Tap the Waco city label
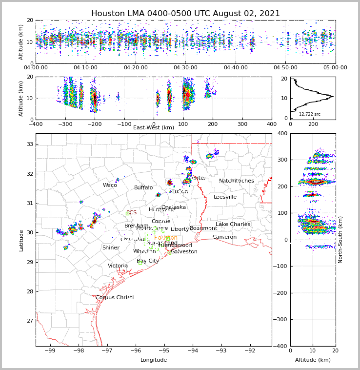click(x=110, y=185)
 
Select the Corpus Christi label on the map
click(x=114, y=298)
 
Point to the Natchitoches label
click(x=236, y=181)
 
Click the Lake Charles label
click(x=233, y=225)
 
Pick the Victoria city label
click(x=118, y=266)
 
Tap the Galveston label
click(x=184, y=252)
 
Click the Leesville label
click(x=225, y=197)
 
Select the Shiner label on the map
click(x=111, y=248)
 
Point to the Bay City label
click(x=148, y=261)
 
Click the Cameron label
click(x=224, y=237)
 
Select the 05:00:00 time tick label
click(x=335, y=68)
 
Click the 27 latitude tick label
click(x=29, y=321)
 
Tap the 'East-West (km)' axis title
click(x=154, y=128)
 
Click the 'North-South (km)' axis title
click(x=340, y=240)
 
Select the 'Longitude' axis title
click(x=154, y=360)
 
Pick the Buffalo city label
click(x=143, y=188)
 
